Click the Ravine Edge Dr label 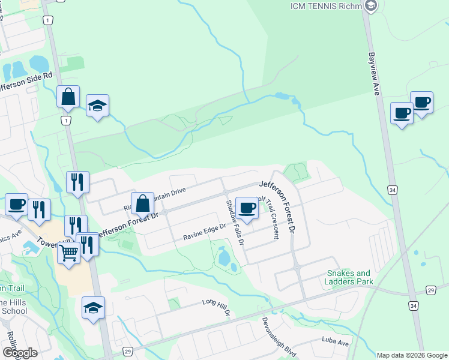[x=204, y=232]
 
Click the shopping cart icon [x=69, y=253]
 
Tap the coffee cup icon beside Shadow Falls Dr [x=247, y=208]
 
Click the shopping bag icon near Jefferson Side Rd [x=68, y=96]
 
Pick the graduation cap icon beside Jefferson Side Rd [x=97, y=106]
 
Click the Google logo [x=20, y=353]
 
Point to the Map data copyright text [x=411, y=355]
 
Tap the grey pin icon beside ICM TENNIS [x=370, y=7]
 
